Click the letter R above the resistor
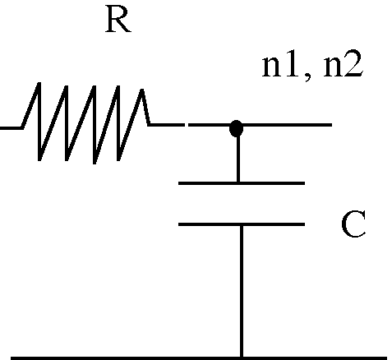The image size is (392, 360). pyautogui.click(x=118, y=20)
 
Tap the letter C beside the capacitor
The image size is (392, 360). pyautogui.click(x=353, y=224)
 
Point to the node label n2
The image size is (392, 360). pyautogui.click(x=344, y=64)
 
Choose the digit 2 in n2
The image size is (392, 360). pyautogui.click(x=354, y=63)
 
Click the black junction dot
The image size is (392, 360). pyautogui.click(x=236, y=128)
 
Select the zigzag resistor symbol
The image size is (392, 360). pyautogui.click(x=85, y=123)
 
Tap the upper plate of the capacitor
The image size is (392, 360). pyautogui.click(x=242, y=183)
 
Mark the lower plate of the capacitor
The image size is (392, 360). pyautogui.click(x=242, y=224)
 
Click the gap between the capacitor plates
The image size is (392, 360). pyautogui.click(x=242, y=204)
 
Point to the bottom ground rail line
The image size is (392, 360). pyautogui.click(x=199, y=358)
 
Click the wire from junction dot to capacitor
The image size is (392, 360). pyautogui.click(x=238, y=159)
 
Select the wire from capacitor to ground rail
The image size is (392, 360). pyautogui.click(x=242, y=291)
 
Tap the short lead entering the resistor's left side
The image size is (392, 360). pyautogui.click(x=11, y=127)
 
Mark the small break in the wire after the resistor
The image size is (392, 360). pyautogui.click(x=187, y=125)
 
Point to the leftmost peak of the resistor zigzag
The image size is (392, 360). pyautogui.click(x=39, y=83)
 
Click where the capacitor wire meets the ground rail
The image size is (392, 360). pyautogui.click(x=242, y=357)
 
